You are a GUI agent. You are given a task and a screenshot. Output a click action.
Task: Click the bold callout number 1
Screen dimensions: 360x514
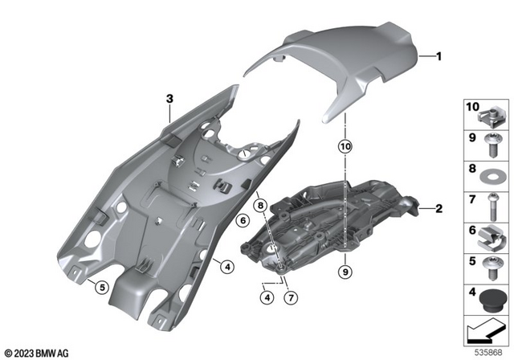(x=439, y=56)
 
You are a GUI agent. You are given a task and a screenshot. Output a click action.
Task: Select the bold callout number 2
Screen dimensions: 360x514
(x=439, y=210)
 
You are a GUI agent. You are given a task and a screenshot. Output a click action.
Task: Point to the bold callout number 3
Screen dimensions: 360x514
(x=169, y=99)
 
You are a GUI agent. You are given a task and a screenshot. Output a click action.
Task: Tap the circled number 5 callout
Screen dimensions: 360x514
(x=101, y=287)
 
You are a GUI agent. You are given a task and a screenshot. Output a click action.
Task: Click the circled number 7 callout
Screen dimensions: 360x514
(x=291, y=297)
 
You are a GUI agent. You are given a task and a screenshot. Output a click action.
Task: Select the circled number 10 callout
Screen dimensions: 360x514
(x=345, y=147)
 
